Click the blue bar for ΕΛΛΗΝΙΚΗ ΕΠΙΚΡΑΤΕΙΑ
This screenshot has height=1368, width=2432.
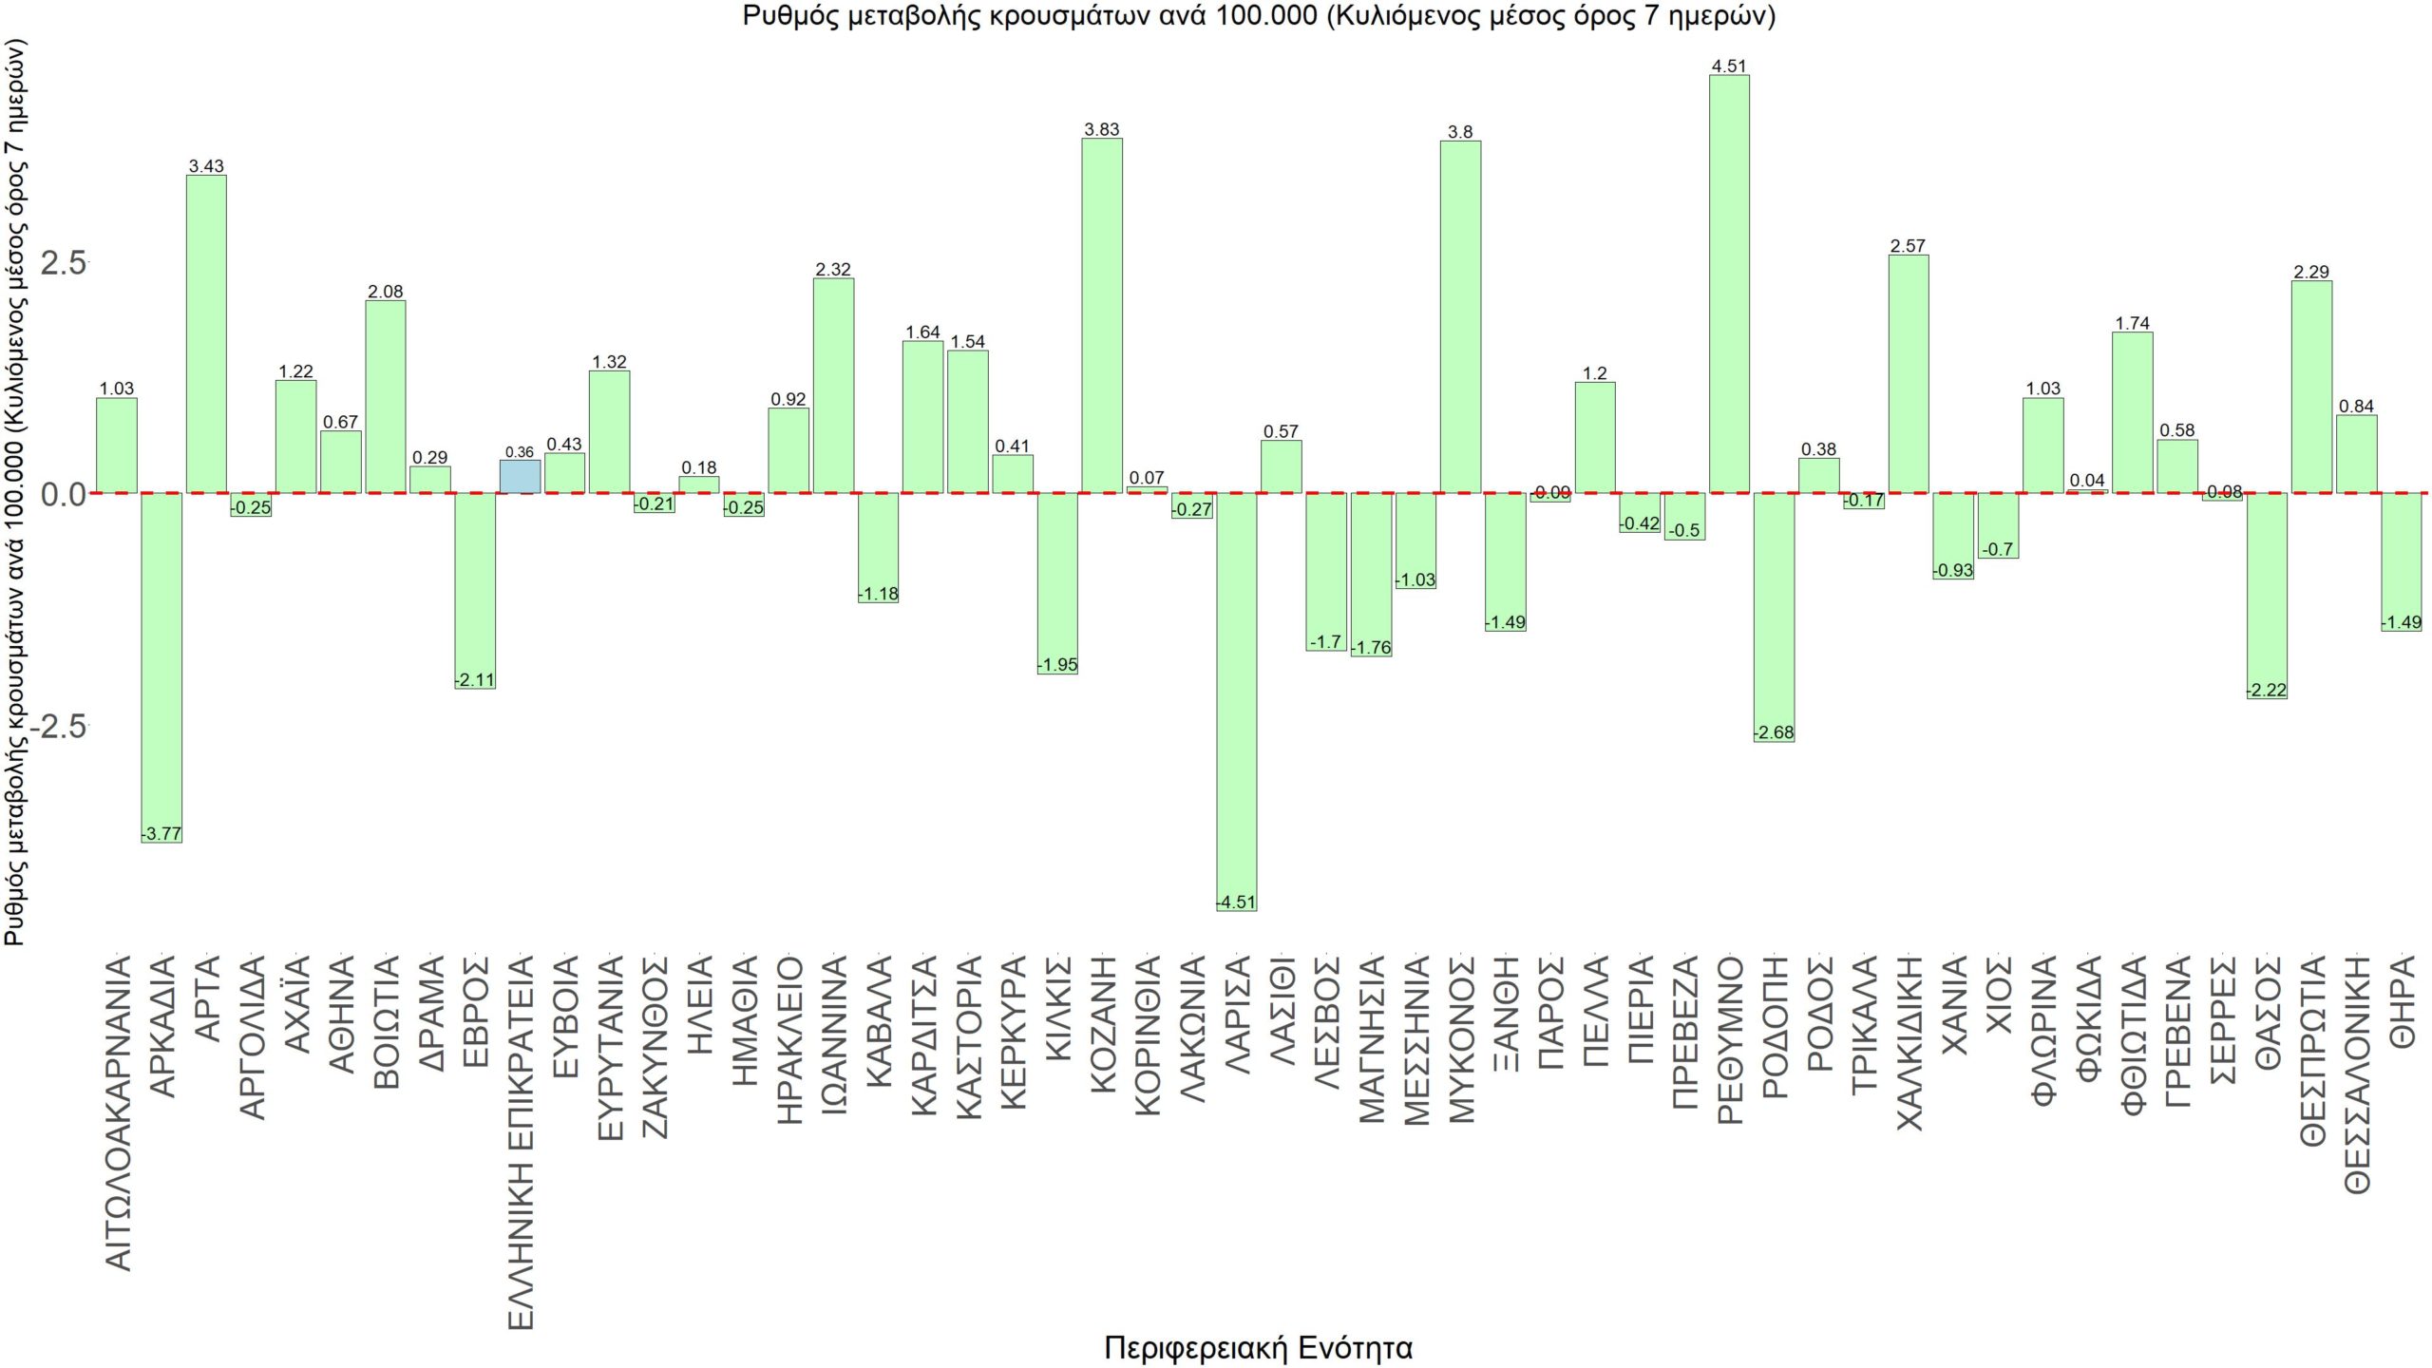[520, 477]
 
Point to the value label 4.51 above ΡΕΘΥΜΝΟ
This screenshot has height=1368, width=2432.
[1729, 66]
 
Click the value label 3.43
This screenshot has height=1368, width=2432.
[206, 166]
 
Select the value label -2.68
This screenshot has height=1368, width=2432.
[1774, 732]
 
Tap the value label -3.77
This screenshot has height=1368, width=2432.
[161, 834]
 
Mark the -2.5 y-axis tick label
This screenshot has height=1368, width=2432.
[59, 726]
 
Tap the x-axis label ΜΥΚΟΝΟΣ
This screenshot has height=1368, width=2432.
[1461, 1040]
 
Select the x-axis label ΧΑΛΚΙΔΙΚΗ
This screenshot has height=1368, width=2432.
[1909, 1043]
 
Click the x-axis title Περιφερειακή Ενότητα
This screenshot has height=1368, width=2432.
[1258, 1347]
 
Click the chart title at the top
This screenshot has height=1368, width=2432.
[1258, 16]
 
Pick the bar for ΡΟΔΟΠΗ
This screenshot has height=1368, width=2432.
[1774, 617]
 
